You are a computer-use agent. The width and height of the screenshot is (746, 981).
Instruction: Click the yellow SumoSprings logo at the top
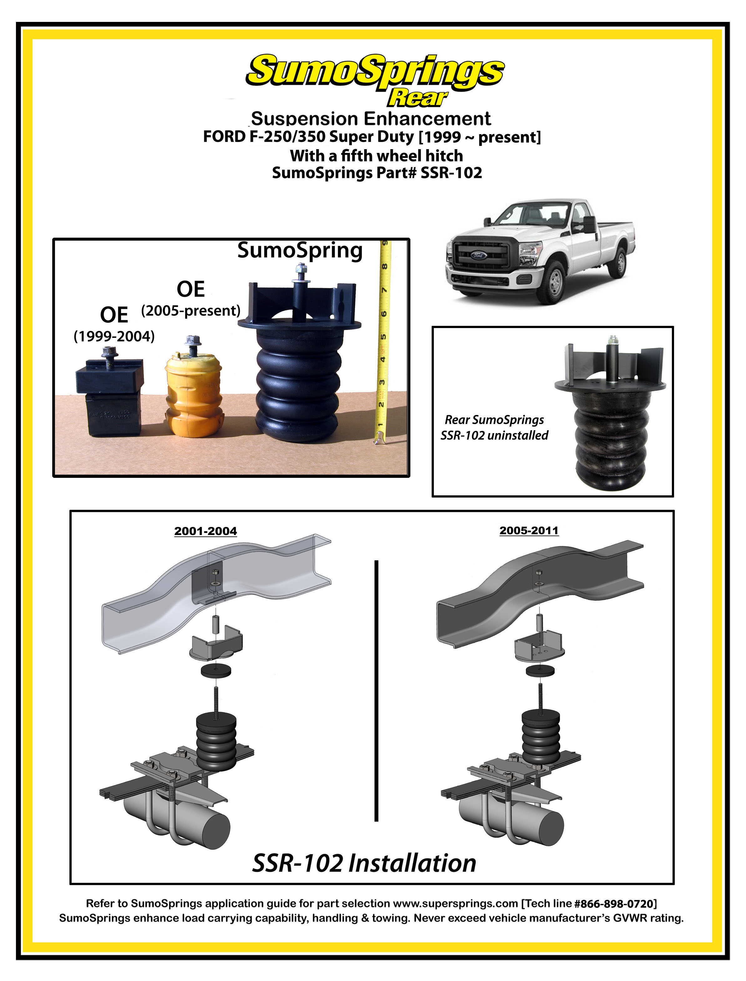click(375, 71)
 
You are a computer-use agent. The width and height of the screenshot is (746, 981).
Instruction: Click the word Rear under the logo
click(417, 98)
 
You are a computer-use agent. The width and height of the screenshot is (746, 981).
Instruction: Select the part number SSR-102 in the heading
click(451, 173)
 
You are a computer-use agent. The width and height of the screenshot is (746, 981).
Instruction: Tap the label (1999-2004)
click(114, 336)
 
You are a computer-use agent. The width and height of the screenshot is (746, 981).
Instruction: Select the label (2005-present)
click(190, 310)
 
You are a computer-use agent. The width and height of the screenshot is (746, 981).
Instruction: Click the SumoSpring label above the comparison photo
click(300, 250)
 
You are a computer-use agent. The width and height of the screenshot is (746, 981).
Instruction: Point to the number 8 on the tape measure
click(384, 266)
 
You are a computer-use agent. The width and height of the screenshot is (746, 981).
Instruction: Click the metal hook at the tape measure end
click(379, 439)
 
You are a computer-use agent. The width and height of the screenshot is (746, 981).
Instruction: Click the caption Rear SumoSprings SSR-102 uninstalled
click(494, 427)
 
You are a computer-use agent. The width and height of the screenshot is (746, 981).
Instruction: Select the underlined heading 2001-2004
click(206, 531)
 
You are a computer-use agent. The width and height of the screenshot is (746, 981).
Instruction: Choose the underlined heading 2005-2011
click(529, 530)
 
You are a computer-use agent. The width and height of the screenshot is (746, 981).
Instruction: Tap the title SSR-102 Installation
click(364, 863)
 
